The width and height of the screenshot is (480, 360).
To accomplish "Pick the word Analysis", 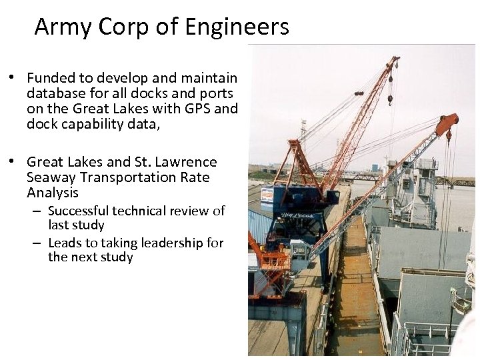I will pos(53,193).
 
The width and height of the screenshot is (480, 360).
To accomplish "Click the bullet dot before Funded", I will pos(12,78).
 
